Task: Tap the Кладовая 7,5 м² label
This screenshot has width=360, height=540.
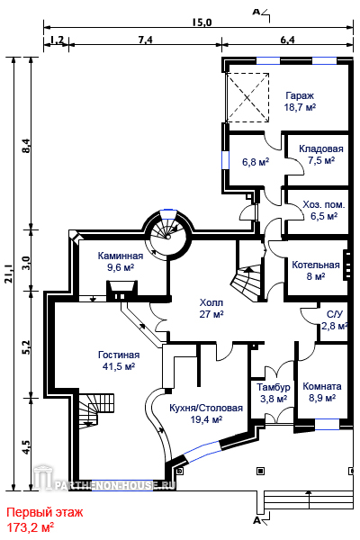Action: pyautogui.click(x=321, y=154)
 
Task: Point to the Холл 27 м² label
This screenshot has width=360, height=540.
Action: pyautogui.click(x=211, y=308)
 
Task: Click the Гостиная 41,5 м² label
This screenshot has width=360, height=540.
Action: pyautogui.click(x=119, y=360)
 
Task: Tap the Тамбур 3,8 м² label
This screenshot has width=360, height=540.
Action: pyautogui.click(x=274, y=392)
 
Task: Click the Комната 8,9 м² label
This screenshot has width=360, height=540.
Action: pyautogui.click(x=322, y=391)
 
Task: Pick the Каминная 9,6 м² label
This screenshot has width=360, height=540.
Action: pyautogui.click(x=121, y=261)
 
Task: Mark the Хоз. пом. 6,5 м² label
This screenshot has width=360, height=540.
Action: pyautogui.click(x=323, y=210)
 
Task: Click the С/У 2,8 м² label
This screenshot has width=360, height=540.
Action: pyautogui.click(x=334, y=319)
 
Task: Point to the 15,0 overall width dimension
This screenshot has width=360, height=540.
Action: pyautogui.click(x=202, y=22)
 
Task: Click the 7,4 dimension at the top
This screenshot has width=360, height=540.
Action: pyautogui.click(x=145, y=40)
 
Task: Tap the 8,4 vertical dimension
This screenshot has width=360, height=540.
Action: pyautogui.click(x=26, y=146)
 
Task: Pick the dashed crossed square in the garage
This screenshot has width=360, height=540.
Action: pyautogui.click(x=247, y=97)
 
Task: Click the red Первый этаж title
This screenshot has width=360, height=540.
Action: pyautogui.click(x=45, y=512)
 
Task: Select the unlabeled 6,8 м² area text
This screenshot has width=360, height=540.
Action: pyautogui.click(x=256, y=161)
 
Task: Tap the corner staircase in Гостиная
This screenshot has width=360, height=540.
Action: pyautogui.click(x=95, y=411)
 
